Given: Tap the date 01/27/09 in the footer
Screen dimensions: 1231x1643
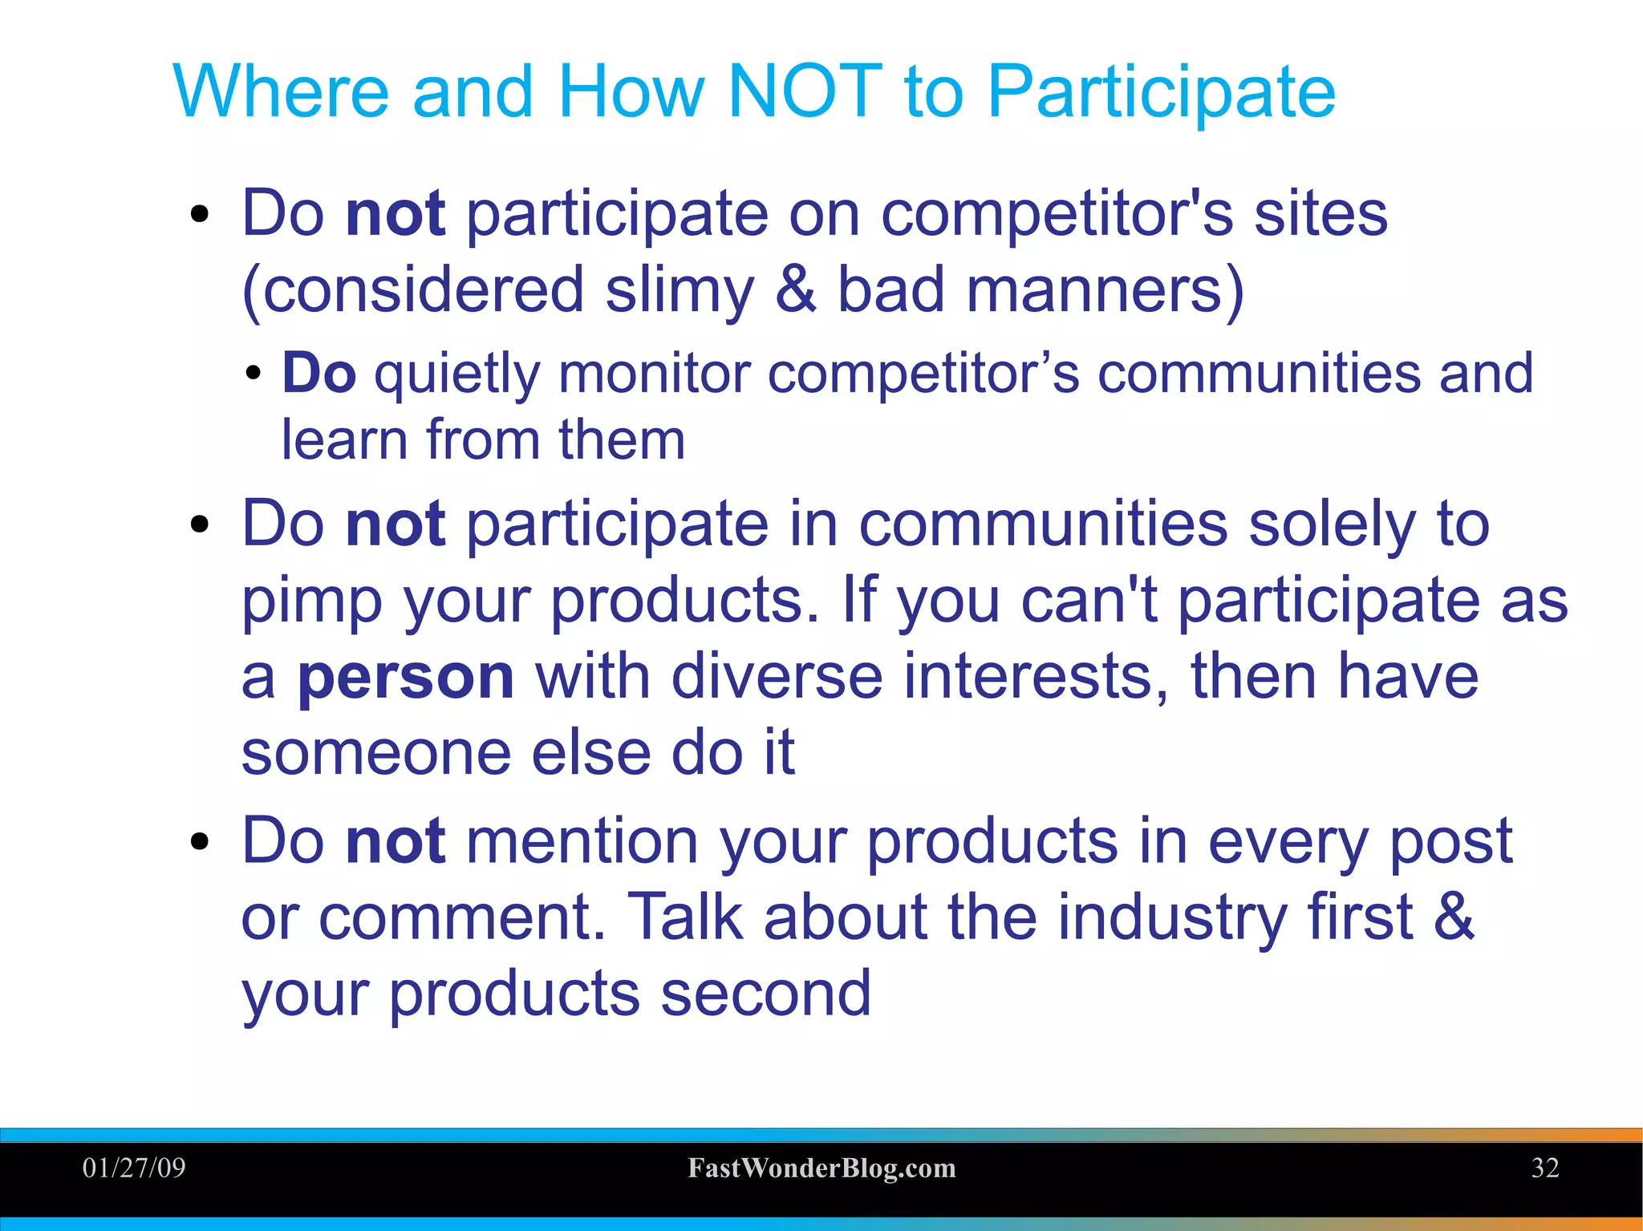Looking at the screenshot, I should [134, 1168].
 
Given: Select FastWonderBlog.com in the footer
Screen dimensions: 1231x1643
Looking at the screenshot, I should [821, 1168].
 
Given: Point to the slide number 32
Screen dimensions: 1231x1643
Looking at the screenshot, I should [1545, 1168].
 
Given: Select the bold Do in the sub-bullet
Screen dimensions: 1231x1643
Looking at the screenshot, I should [318, 374].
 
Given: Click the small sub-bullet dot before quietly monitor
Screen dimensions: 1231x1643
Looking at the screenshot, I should [254, 374].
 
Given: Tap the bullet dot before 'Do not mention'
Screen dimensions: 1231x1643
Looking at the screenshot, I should [200, 842].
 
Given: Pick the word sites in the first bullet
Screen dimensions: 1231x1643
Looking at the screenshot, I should [1320, 214].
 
